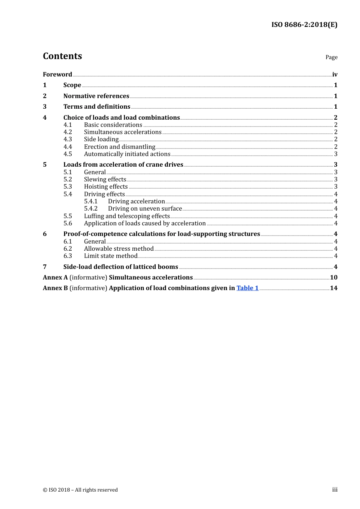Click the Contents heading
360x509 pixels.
(x=62, y=56)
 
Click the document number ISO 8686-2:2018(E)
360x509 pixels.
(x=304, y=25)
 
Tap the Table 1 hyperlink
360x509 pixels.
(x=247, y=288)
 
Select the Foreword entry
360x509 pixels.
(x=57, y=74)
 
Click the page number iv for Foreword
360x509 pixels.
(x=335, y=74)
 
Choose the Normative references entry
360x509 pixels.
(x=96, y=96)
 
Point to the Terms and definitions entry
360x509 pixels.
(x=97, y=106)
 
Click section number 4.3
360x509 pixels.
(x=67, y=139)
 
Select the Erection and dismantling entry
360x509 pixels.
(x=119, y=147)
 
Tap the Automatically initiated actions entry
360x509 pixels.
(x=127, y=154)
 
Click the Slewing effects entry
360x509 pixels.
(x=105, y=179)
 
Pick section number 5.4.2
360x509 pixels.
(x=91, y=208)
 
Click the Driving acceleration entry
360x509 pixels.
(x=136, y=201)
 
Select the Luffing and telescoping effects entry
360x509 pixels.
(x=127, y=216)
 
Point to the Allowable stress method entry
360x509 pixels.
(x=119, y=248)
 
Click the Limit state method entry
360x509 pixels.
(x=110, y=256)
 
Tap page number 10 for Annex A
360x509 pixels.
(x=333, y=277)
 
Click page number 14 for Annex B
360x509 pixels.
(x=333, y=288)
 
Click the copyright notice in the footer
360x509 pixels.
(x=80, y=490)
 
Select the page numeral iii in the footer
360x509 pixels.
(x=335, y=489)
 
